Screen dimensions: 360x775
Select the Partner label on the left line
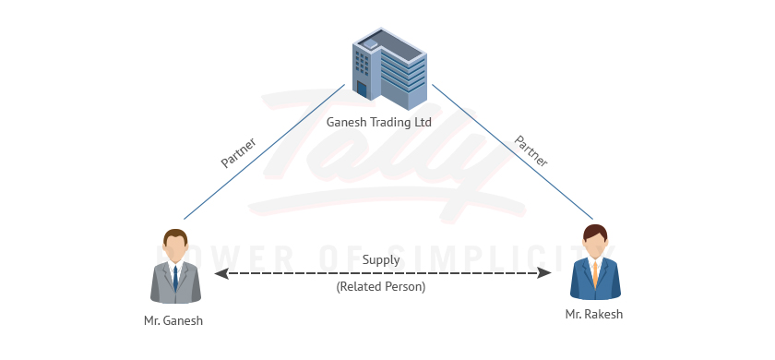[x=238, y=152]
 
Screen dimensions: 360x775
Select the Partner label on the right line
[x=531, y=150]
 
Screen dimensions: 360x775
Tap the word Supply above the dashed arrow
[x=381, y=259]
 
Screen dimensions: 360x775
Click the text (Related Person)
[x=381, y=287]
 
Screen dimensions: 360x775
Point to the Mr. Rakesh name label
[x=594, y=315]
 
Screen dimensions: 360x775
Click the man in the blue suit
[x=595, y=268]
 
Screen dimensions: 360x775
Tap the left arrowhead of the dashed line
[x=220, y=273]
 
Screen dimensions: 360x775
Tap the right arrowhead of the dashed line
[x=545, y=273]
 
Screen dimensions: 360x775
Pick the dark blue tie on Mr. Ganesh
[x=175, y=276]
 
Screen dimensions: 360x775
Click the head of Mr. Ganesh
[x=175, y=246]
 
